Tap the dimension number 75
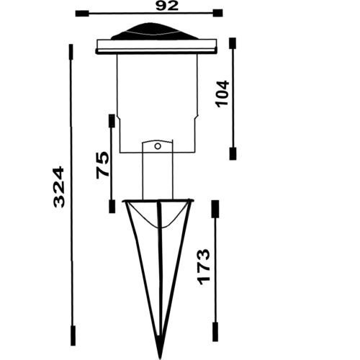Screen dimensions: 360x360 [102, 165]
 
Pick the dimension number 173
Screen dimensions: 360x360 [203, 266]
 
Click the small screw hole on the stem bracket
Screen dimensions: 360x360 [156, 146]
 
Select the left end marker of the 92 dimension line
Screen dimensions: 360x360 [81, 13]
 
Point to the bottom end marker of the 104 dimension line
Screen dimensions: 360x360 [233, 153]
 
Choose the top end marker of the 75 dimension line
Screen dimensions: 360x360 [112, 120]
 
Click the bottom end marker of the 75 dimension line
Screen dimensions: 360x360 [112, 207]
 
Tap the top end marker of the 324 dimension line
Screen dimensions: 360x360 [71, 52]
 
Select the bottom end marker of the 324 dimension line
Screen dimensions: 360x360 [72, 336]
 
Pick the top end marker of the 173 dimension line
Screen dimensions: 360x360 [215, 208]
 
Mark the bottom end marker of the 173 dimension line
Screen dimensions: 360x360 [215, 333]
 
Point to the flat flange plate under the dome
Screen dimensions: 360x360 [157, 48]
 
